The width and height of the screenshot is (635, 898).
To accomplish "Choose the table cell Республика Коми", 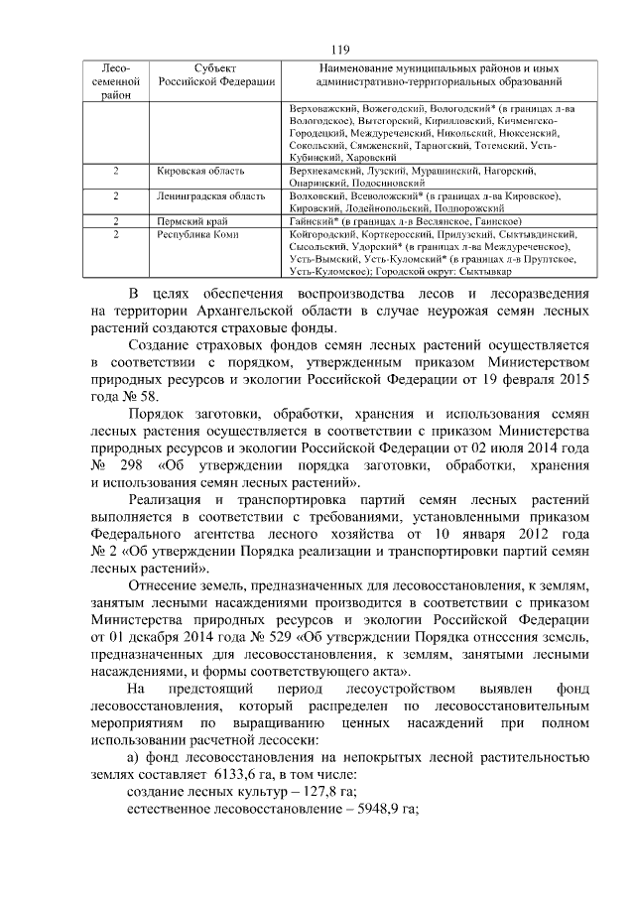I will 192,234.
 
